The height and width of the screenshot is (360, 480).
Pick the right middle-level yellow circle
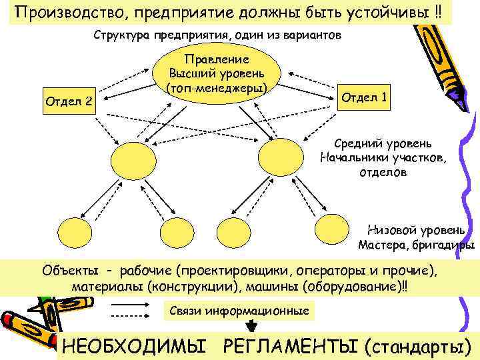[280, 157]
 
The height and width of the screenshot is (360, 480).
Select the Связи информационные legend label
[239, 311]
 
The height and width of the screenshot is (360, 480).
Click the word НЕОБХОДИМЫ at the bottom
[133, 346]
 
